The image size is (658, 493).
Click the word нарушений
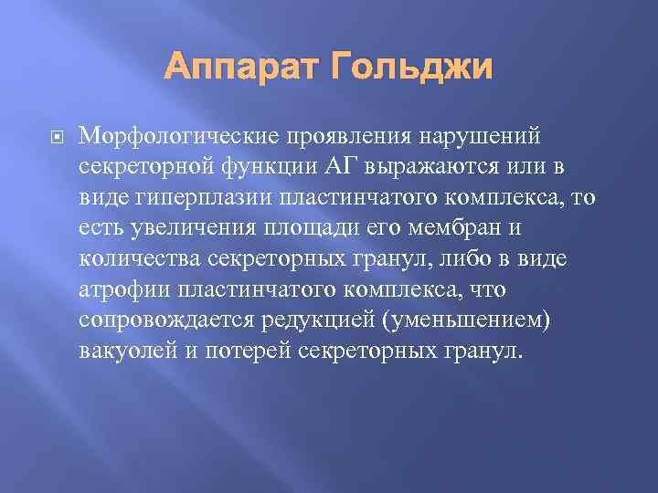(x=481, y=136)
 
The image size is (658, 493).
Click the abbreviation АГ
(x=336, y=167)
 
